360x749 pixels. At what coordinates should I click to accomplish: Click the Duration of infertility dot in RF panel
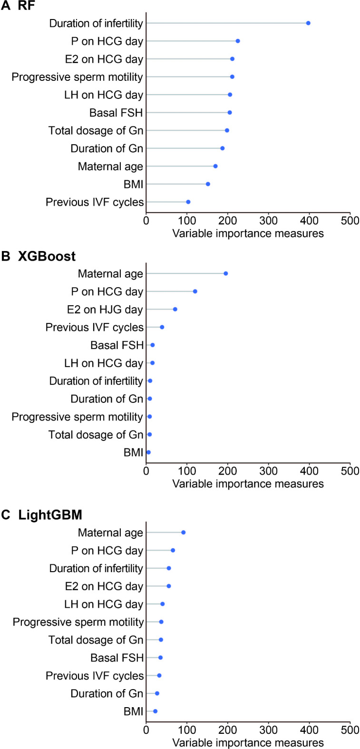[308, 23]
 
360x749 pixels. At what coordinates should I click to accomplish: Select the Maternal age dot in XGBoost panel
[226, 273]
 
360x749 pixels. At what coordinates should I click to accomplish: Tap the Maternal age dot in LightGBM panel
[184, 533]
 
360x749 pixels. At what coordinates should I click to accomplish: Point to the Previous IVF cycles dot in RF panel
[188, 202]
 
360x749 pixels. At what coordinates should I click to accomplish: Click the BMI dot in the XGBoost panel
[148, 452]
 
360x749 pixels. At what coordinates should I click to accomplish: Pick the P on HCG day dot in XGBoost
[195, 292]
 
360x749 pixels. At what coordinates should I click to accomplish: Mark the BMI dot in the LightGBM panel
[155, 711]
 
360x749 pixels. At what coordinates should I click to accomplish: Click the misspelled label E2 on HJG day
[105, 310]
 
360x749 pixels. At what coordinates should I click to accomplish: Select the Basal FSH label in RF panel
[116, 113]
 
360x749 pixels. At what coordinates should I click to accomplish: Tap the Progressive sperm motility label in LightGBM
[78, 622]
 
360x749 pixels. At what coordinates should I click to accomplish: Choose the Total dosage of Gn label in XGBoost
[96, 435]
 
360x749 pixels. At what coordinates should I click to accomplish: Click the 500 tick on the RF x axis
[350, 221]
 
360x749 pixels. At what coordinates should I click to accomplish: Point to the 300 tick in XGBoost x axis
[269, 471]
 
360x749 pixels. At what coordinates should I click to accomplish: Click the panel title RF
[26, 6]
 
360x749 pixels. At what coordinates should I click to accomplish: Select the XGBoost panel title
[47, 256]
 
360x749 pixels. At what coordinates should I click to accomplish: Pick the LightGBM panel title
[50, 515]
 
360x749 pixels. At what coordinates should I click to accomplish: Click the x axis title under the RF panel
[248, 233]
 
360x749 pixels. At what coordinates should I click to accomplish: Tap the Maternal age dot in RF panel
[215, 166]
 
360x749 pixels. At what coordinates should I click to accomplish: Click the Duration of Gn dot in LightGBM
[157, 693]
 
